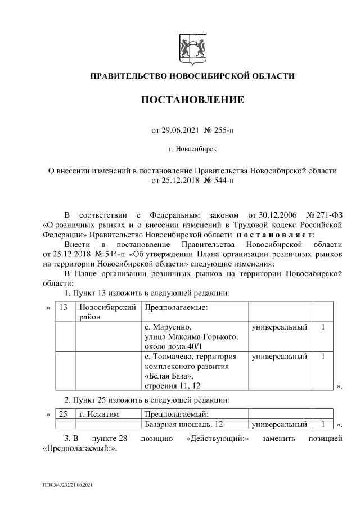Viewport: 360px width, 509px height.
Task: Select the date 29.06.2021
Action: click(x=179, y=130)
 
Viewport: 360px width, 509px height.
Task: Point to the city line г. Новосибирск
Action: click(x=192, y=150)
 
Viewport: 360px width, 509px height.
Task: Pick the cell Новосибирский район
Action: click(x=108, y=313)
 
